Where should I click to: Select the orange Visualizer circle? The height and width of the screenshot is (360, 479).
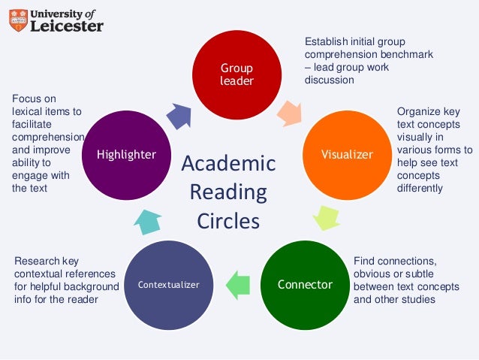(x=347, y=154)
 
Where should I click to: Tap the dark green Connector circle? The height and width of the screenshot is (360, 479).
(x=305, y=284)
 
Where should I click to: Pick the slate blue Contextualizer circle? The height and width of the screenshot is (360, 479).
(x=169, y=284)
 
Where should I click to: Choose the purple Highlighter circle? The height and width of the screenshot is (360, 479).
(x=126, y=155)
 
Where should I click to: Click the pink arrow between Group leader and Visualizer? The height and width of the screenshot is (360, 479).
(x=289, y=113)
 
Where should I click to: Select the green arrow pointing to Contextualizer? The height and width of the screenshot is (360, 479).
(x=238, y=285)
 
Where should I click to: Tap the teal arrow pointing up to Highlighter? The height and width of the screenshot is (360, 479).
(x=148, y=219)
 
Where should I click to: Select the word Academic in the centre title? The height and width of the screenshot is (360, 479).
(x=229, y=164)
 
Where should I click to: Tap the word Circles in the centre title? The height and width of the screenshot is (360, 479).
(x=228, y=222)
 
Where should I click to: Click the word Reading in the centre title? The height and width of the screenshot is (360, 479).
(x=228, y=193)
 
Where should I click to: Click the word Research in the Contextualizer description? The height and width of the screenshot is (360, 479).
(x=37, y=261)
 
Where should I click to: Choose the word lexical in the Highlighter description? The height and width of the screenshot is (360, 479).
(x=27, y=111)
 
